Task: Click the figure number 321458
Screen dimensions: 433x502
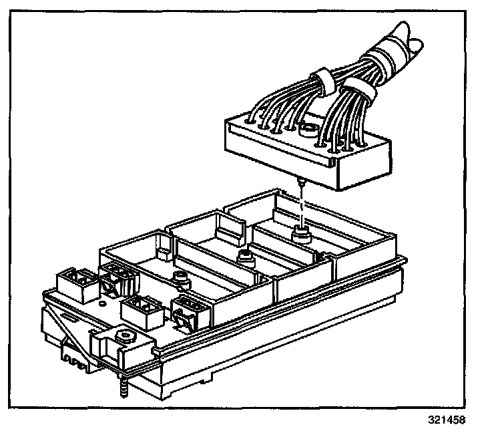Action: [x=446, y=421]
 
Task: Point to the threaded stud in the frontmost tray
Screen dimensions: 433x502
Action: [x=179, y=277]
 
